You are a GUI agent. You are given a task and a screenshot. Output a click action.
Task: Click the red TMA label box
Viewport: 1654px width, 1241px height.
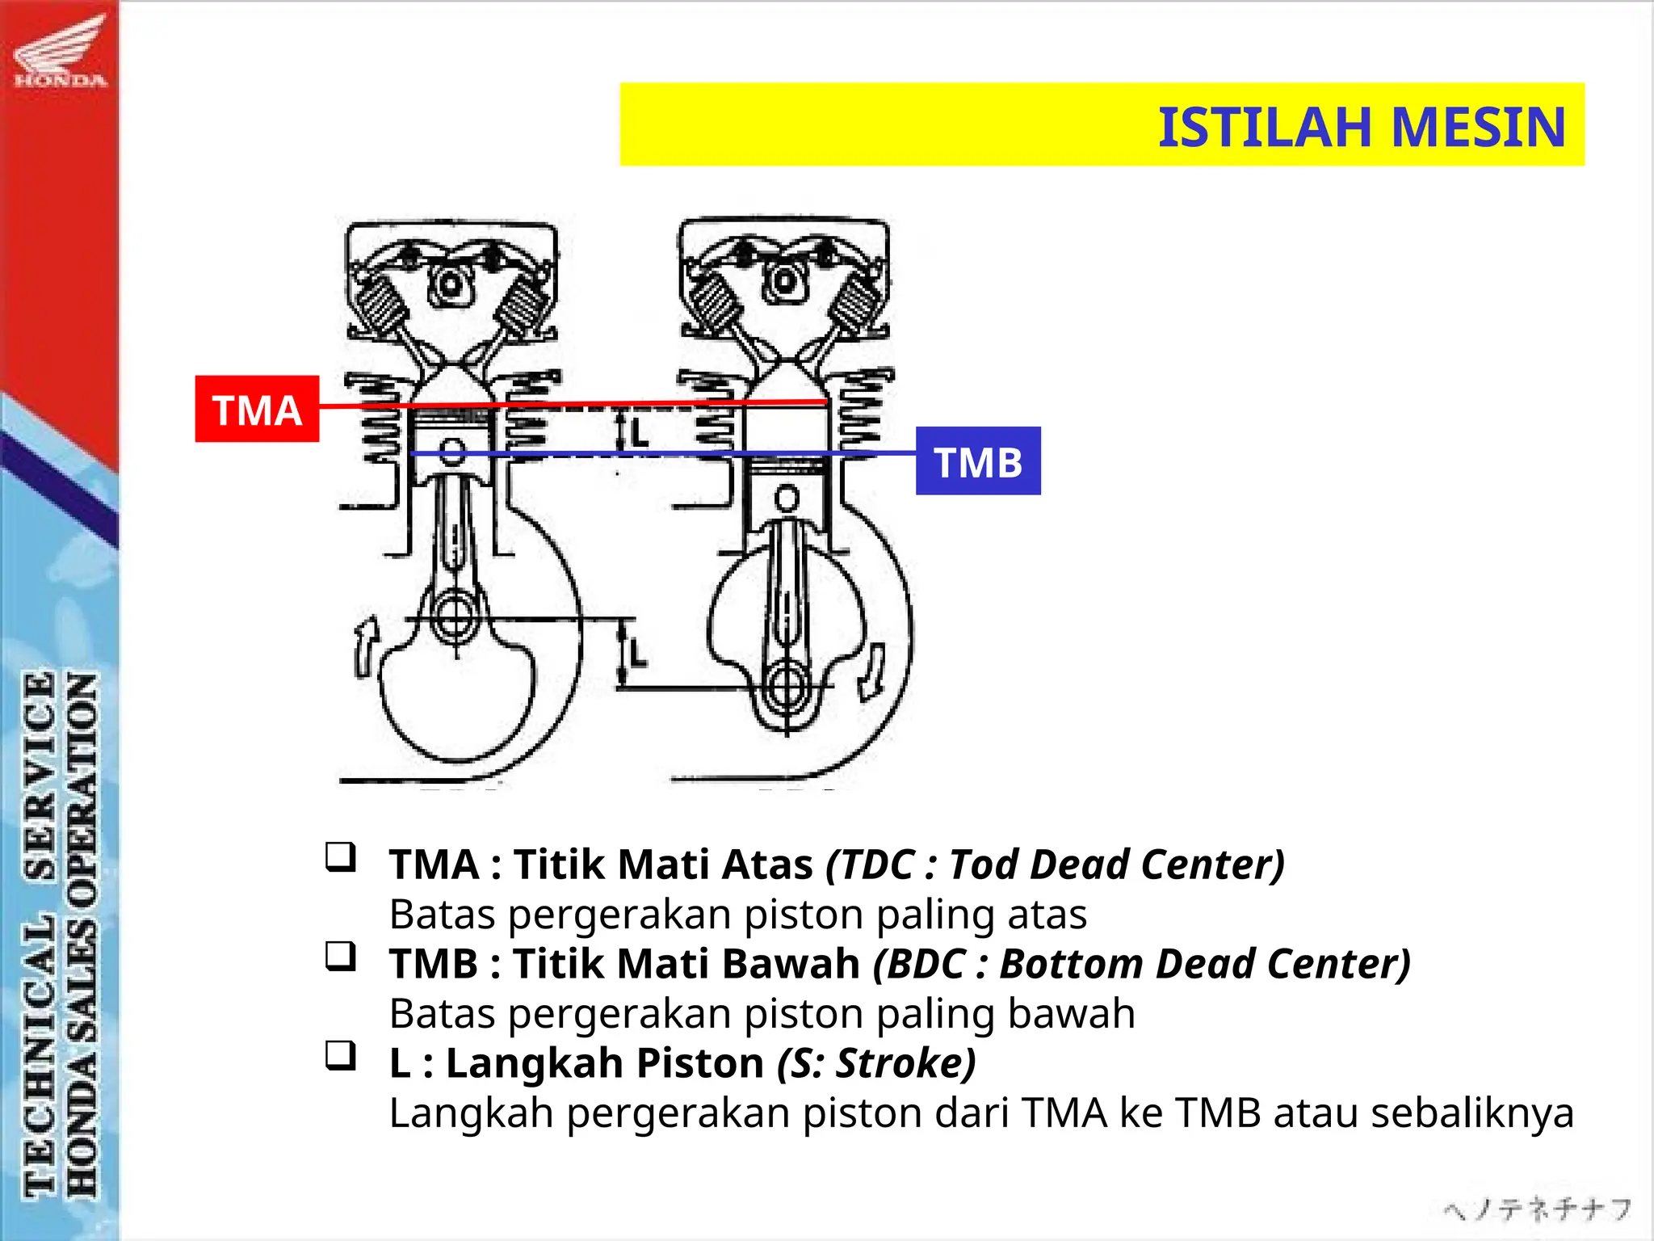(257, 409)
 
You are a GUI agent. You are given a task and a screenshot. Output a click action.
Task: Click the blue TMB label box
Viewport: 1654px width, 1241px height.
(978, 461)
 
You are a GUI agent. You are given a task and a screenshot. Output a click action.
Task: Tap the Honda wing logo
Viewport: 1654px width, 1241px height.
(60, 53)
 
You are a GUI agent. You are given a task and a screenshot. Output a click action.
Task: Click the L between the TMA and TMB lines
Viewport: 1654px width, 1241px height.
(639, 433)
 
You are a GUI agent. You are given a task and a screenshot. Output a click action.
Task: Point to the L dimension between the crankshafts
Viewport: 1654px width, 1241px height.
(638, 653)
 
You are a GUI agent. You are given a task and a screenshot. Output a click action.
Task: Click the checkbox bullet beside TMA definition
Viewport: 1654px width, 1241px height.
(341, 857)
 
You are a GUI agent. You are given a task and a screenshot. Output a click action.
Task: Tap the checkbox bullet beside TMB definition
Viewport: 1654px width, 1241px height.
(341, 957)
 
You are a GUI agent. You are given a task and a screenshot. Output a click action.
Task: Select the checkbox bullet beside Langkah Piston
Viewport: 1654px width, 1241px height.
(341, 1056)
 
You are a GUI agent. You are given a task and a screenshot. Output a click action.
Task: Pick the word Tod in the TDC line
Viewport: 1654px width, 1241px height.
(982, 864)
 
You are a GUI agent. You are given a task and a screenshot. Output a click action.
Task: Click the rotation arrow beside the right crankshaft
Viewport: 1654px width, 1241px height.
(872, 672)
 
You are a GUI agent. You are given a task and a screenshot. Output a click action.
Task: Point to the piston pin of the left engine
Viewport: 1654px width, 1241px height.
(453, 450)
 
